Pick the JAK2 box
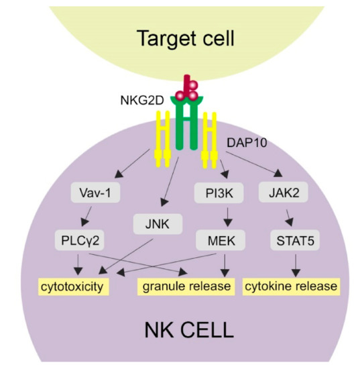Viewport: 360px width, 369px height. [279, 195]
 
